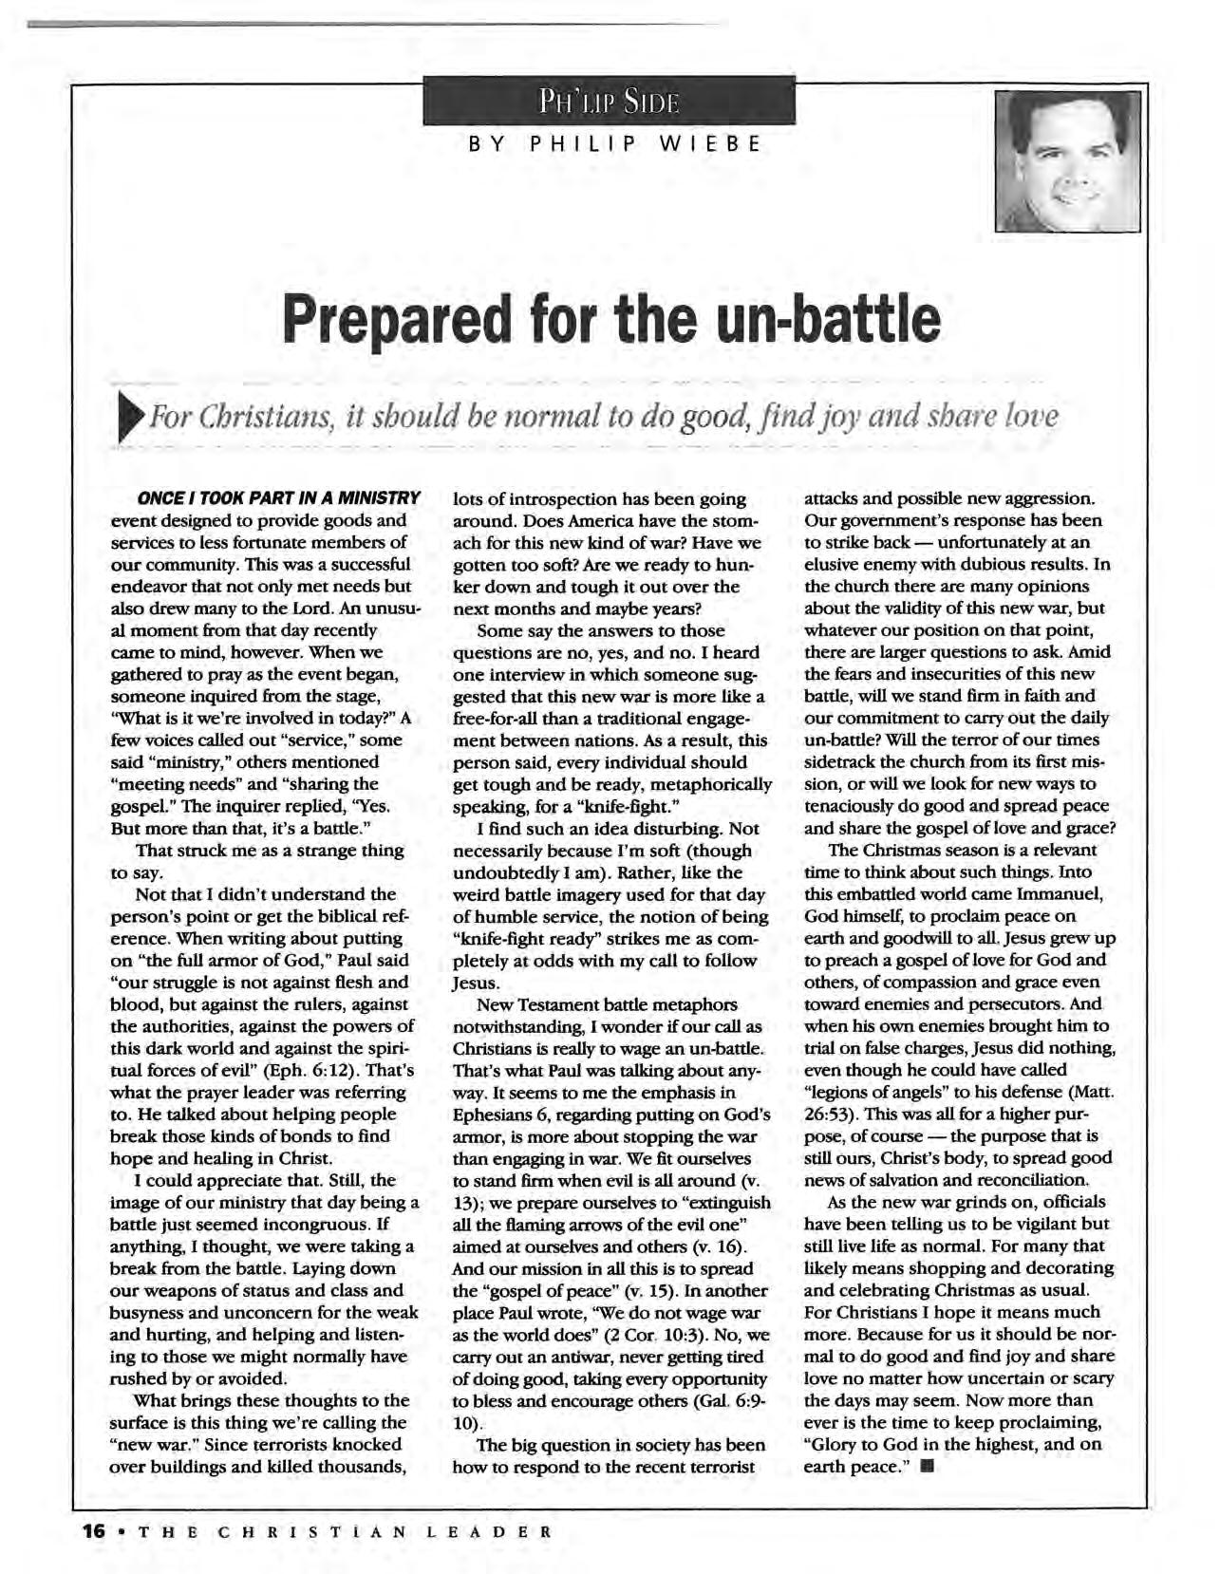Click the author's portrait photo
(1066, 161)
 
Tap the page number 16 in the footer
(93, 1530)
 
